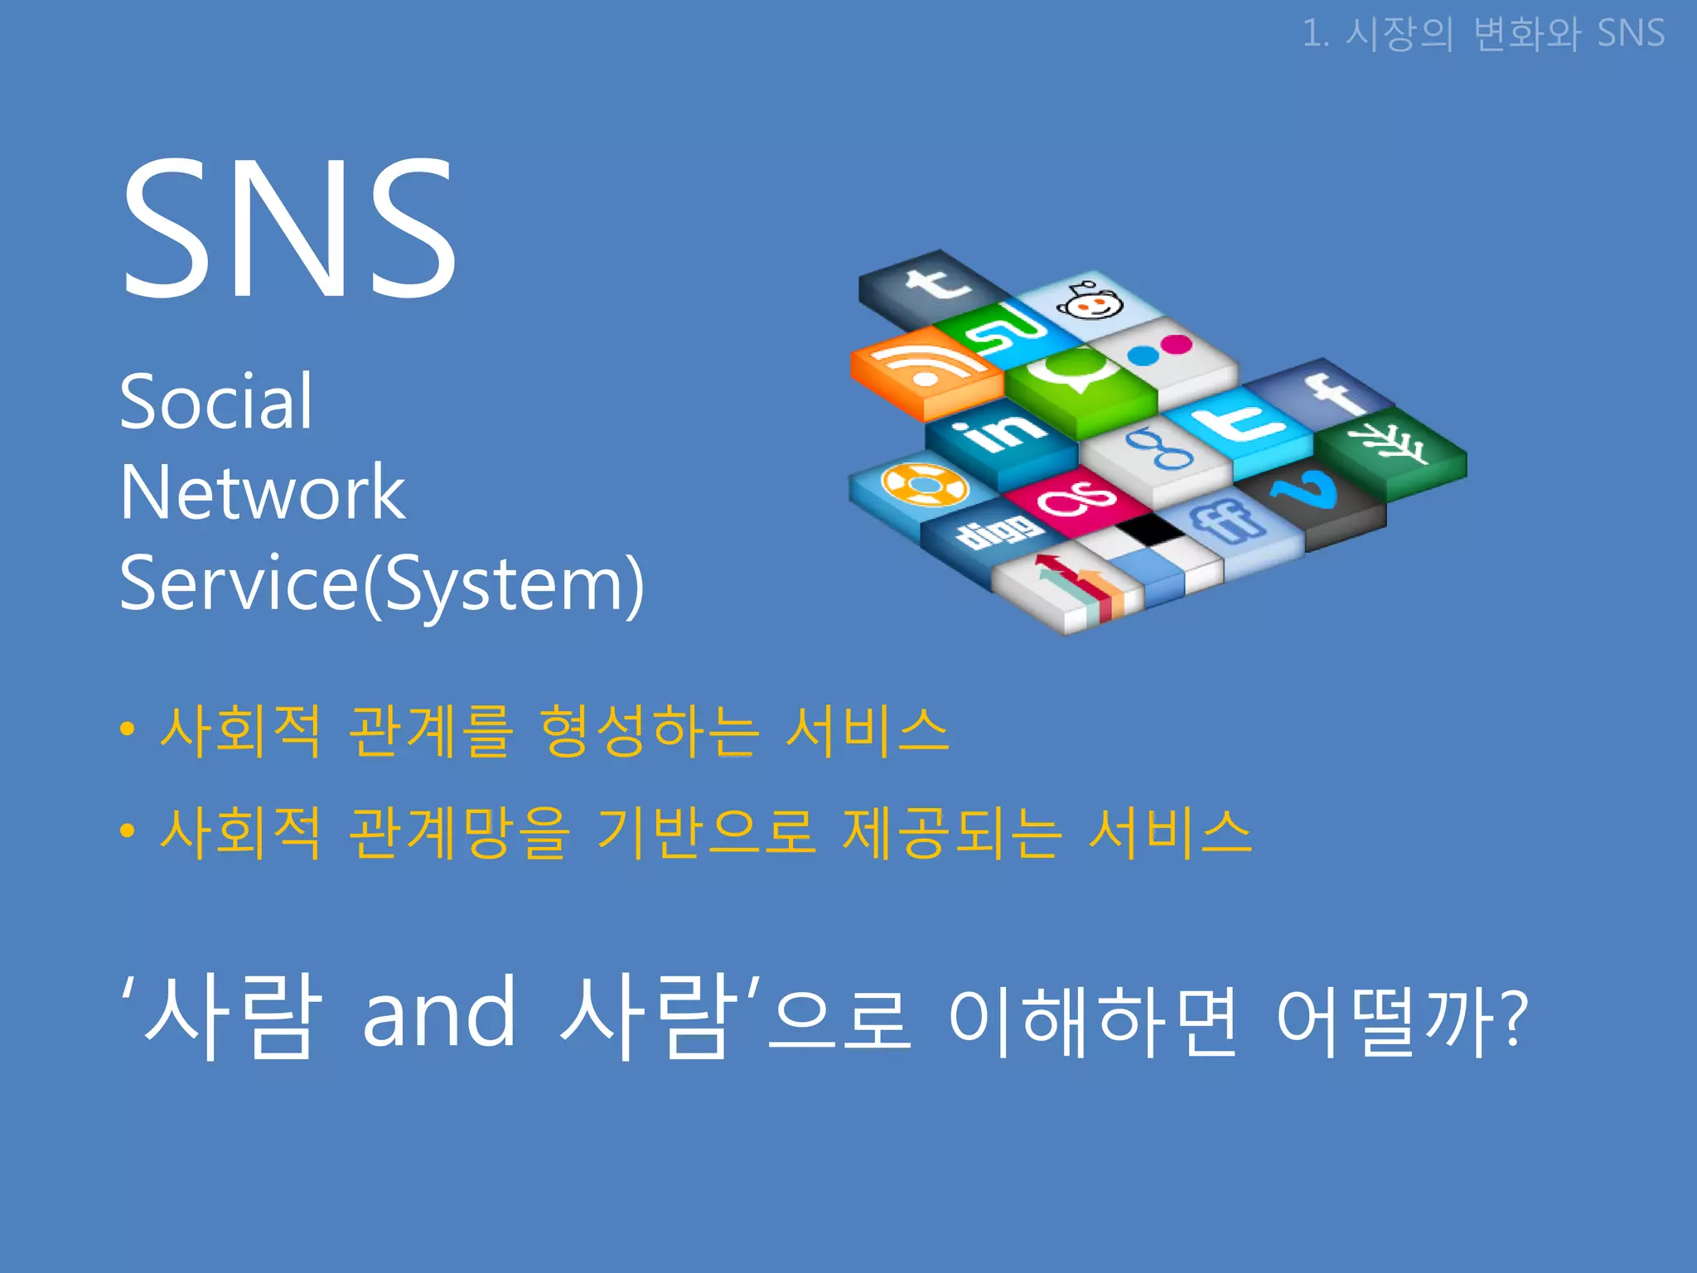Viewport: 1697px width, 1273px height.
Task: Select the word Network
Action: pos(262,492)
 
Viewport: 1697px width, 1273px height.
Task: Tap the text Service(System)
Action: pos(381,583)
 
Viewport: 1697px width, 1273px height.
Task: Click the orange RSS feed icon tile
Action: pos(924,369)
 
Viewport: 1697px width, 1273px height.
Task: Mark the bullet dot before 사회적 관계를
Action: pos(127,729)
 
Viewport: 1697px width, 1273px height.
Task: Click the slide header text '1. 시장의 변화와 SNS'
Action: pos(1483,34)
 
